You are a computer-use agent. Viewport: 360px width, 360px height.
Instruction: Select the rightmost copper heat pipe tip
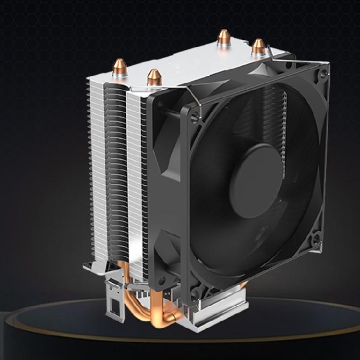pyautogui.click(x=259, y=47)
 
